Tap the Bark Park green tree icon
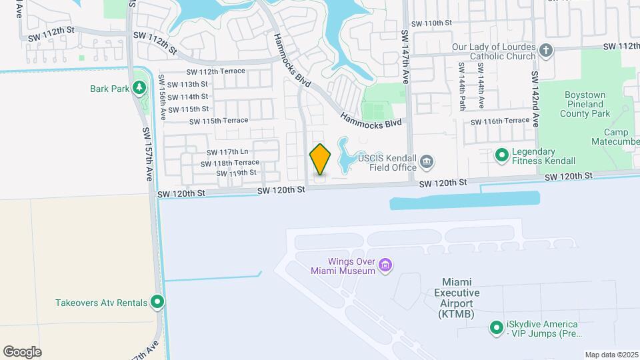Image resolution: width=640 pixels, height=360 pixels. pos(139,88)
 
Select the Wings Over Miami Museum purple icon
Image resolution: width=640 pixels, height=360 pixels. pos(385,266)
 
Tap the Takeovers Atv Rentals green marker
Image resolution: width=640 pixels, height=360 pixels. pos(157,303)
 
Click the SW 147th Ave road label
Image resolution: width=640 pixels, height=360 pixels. pos(405,56)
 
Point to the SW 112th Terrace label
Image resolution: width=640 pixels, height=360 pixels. pos(216,71)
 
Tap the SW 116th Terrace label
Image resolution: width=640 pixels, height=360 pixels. pos(499,121)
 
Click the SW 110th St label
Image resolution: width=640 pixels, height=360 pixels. pos(431,23)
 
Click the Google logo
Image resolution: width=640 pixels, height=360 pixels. pos(22,352)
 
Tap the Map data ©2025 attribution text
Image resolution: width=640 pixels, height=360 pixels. pos(611,355)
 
